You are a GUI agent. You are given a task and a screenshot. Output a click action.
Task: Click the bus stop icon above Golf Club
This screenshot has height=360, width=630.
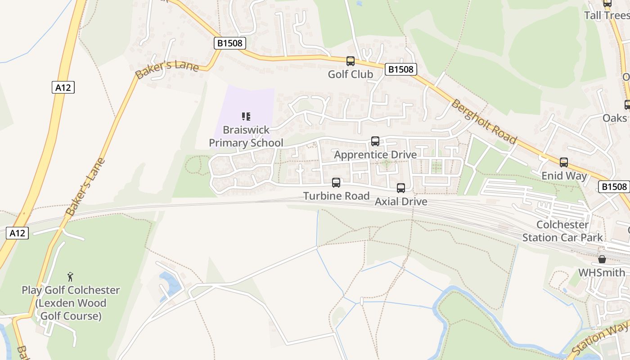click(350, 61)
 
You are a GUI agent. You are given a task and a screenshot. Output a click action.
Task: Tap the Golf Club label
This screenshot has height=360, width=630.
click(350, 74)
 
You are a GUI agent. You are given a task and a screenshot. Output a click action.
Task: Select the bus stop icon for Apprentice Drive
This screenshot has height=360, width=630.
click(375, 141)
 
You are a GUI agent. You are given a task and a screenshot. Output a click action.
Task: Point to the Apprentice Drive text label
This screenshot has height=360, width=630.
click(375, 155)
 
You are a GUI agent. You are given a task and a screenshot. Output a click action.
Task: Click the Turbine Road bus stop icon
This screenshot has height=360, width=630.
click(336, 183)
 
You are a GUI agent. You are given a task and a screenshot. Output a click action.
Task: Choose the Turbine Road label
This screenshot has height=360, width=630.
click(336, 196)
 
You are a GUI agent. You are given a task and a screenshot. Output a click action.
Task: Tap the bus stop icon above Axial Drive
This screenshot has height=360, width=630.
click(400, 188)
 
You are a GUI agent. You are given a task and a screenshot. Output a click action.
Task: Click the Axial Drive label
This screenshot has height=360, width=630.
click(400, 201)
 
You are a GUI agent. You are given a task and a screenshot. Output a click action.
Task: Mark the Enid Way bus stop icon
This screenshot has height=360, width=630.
click(564, 162)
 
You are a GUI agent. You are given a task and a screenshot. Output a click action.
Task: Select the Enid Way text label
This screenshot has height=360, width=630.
click(564, 175)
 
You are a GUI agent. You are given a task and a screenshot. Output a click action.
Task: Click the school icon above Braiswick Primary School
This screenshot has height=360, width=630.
click(246, 117)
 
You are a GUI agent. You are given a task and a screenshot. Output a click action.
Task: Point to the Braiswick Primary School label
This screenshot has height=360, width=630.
click(246, 136)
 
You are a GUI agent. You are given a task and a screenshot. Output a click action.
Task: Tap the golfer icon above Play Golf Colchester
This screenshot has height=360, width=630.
click(70, 277)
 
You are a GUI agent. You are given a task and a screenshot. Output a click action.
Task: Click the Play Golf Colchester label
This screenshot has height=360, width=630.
click(71, 303)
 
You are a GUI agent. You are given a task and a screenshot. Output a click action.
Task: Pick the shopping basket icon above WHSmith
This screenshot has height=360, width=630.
click(602, 259)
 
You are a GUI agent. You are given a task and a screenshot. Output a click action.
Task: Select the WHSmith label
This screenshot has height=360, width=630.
click(602, 273)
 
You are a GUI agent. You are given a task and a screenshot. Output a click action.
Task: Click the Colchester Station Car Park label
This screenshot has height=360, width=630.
click(562, 231)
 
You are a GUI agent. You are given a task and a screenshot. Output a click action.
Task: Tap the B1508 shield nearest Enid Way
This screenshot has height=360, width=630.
click(614, 187)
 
